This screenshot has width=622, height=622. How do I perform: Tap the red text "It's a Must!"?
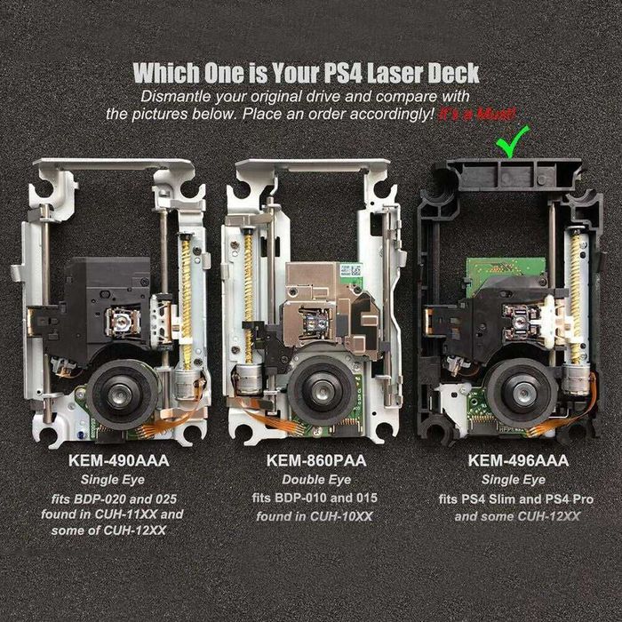click(x=477, y=115)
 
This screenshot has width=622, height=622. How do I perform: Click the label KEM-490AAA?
click(x=118, y=460)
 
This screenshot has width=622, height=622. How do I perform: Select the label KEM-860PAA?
click(x=316, y=460)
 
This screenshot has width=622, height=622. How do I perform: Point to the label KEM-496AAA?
click(x=518, y=460)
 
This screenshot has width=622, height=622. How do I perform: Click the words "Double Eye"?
click(x=316, y=480)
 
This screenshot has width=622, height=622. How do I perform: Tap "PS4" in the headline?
click(x=343, y=73)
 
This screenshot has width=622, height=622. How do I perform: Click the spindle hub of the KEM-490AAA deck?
click(x=119, y=395)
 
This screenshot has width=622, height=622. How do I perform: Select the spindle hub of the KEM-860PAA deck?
click(x=322, y=391)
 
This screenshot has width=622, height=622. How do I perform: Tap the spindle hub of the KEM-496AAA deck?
click(x=522, y=393)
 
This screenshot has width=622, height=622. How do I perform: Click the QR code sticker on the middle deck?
click(x=351, y=270)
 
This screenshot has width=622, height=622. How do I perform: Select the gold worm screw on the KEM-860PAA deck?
click(x=248, y=296)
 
